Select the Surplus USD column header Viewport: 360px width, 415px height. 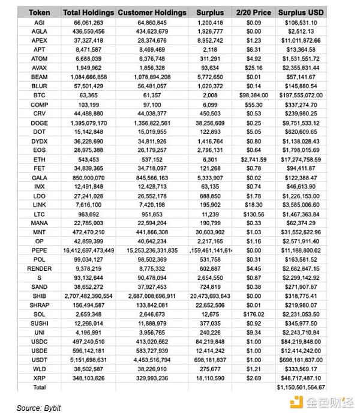point(298,12)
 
